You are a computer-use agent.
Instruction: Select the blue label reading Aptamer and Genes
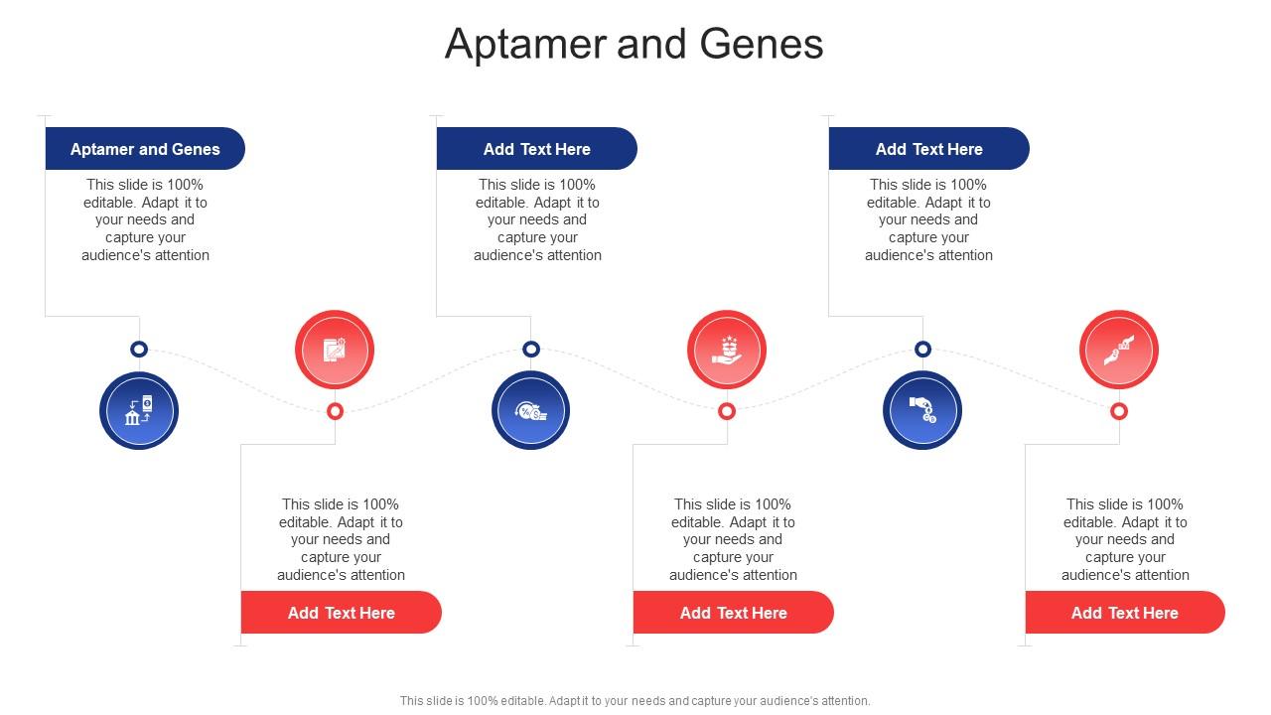[x=145, y=149]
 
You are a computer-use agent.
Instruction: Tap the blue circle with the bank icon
[x=139, y=410]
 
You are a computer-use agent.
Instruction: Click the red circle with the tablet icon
[x=335, y=350]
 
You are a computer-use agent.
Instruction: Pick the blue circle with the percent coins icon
[x=531, y=410]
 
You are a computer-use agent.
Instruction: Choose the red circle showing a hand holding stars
[x=727, y=350]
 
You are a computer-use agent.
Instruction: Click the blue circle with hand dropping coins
[x=922, y=410]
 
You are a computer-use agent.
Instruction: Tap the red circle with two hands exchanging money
[x=1119, y=350]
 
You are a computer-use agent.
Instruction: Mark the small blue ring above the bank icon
[x=139, y=350]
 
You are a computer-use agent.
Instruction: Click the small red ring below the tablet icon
[x=336, y=411]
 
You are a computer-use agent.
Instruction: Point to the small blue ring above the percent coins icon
[x=531, y=350]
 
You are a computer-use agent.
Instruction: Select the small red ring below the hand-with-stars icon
[x=727, y=411]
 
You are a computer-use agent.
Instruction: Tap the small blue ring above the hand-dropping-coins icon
[x=922, y=350]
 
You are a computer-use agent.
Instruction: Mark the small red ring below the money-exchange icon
[x=1119, y=411]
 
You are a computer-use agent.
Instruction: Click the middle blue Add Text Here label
[x=537, y=149]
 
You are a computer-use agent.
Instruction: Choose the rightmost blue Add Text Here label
[x=928, y=149]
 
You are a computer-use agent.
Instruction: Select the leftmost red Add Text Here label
[x=342, y=613]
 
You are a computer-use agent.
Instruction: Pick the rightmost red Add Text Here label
[x=1125, y=613]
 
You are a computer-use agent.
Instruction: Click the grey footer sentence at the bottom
[x=635, y=700]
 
